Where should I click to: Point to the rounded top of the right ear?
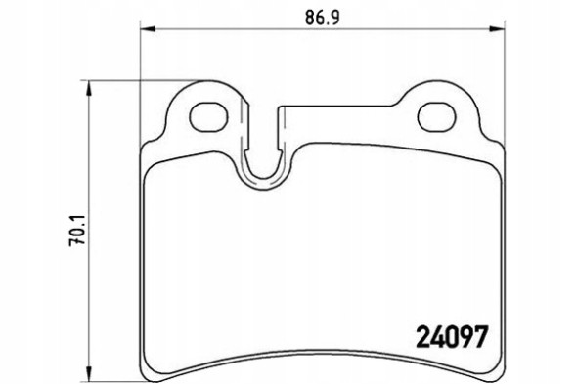[x=437, y=88]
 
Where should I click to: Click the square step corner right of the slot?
[x=284, y=107]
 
